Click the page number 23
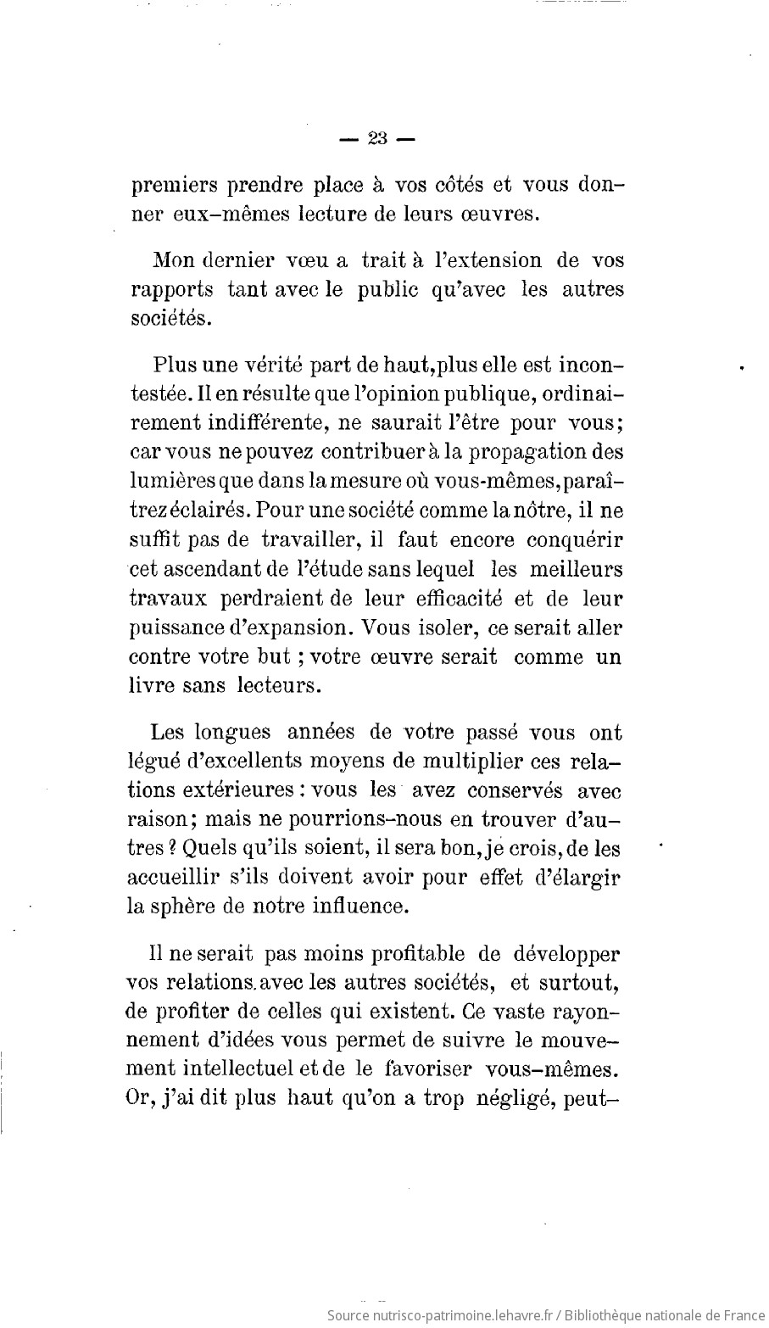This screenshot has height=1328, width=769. coord(377,139)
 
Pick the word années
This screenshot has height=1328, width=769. coord(328,732)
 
